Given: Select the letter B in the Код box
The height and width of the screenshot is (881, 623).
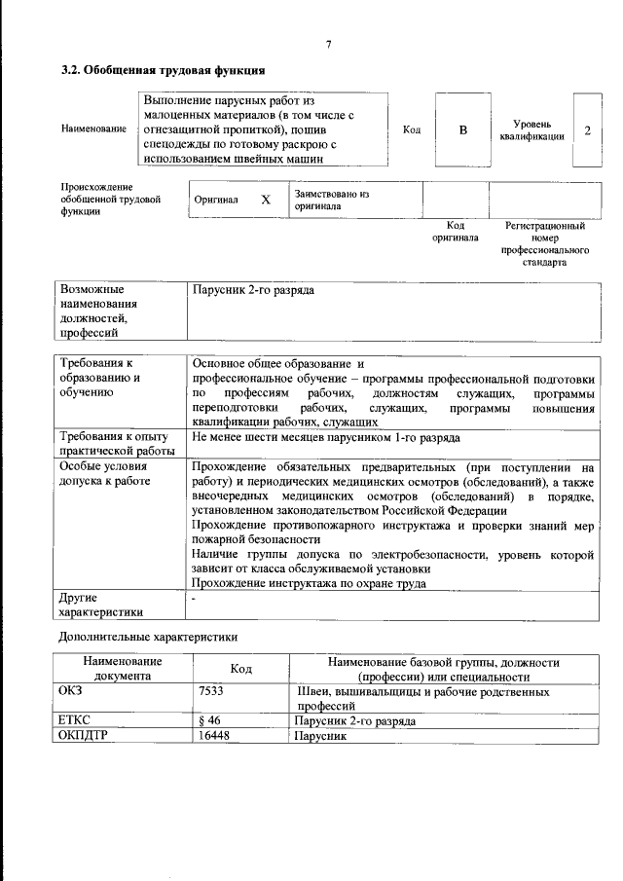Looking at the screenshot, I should click(x=463, y=130).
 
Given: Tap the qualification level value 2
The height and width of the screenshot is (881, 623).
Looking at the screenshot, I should click(x=587, y=130).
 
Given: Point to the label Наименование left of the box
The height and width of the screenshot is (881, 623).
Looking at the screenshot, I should click(x=92, y=130).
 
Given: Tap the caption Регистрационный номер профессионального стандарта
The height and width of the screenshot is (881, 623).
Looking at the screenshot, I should click(x=545, y=243).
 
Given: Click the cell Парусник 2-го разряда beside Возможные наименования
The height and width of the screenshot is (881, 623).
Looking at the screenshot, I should click(x=254, y=290).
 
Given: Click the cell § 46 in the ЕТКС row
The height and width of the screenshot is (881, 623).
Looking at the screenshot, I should click(x=206, y=721).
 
